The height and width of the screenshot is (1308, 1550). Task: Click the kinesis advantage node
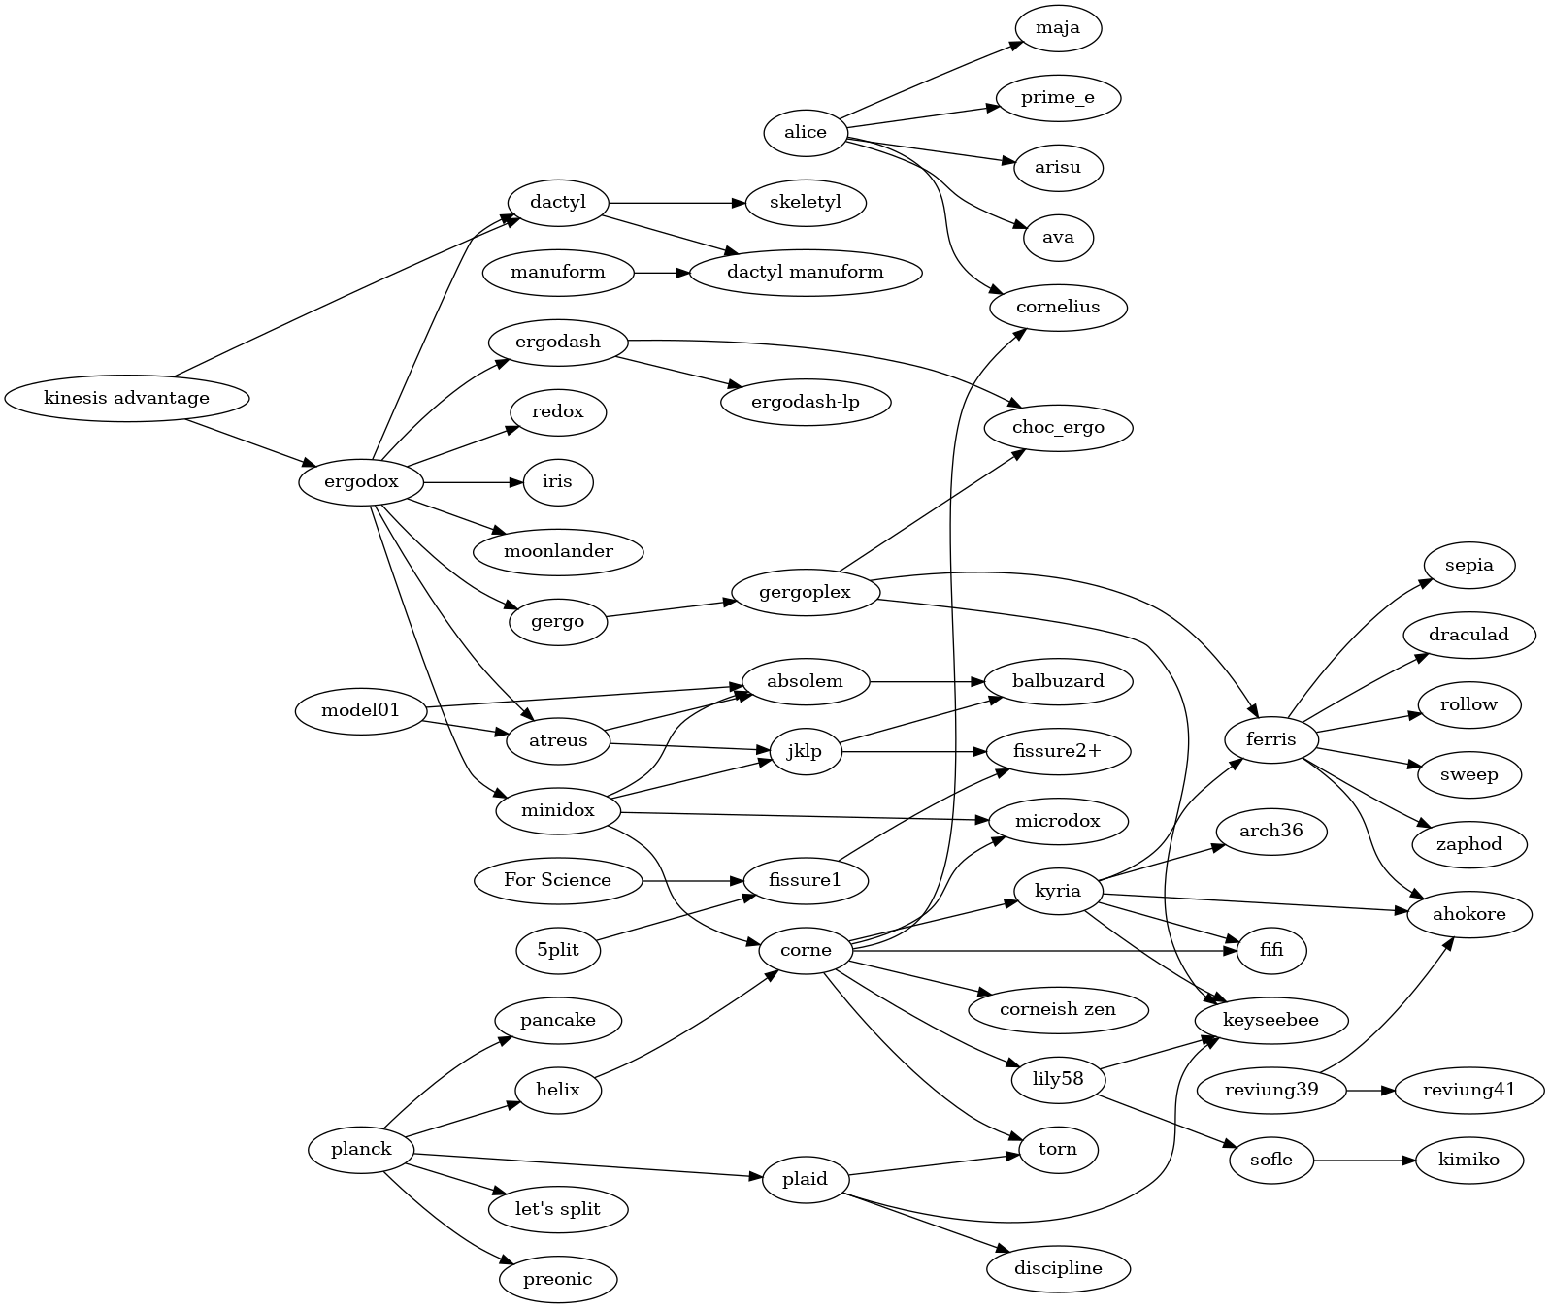tap(126, 398)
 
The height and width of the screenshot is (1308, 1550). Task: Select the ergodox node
tap(361, 482)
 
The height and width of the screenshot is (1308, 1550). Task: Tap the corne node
tap(806, 951)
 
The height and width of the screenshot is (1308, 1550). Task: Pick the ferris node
tap(1270, 740)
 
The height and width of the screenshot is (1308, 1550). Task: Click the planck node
tap(361, 1150)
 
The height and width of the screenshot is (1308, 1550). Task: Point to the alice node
tap(806, 132)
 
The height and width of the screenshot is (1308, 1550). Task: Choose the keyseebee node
tap(1270, 1021)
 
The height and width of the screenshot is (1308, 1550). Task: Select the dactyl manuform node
tap(805, 272)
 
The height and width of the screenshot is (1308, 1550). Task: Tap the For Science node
tap(557, 881)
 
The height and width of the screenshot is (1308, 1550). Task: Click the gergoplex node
tap(806, 592)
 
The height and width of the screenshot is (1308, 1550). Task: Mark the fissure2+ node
tap(1057, 751)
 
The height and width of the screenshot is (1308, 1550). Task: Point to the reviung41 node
tap(1469, 1090)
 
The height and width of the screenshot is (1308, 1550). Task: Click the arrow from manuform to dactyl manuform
tap(661, 272)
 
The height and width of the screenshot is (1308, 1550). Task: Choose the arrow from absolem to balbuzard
tap(927, 681)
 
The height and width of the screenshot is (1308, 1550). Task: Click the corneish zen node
tap(1057, 1009)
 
